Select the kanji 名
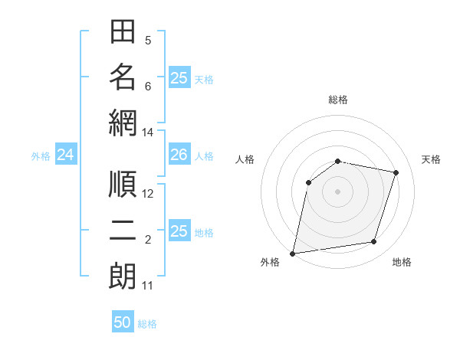tap(123, 77)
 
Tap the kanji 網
tap(123, 123)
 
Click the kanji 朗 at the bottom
tap(123, 276)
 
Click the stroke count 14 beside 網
tap(147, 133)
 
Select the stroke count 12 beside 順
tap(148, 195)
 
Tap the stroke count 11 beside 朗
tap(147, 286)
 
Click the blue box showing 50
tap(123, 322)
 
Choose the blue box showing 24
tap(65, 155)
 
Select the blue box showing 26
tap(179, 155)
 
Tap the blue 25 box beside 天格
tap(179, 78)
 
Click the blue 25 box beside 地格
tap(179, 231)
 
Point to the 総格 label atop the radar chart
tap(338, 100)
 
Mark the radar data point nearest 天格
tap(396, 172)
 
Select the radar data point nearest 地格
tap(374, 242)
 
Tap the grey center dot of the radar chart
tap(338, 191)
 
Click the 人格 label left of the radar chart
tap(245, 159)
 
